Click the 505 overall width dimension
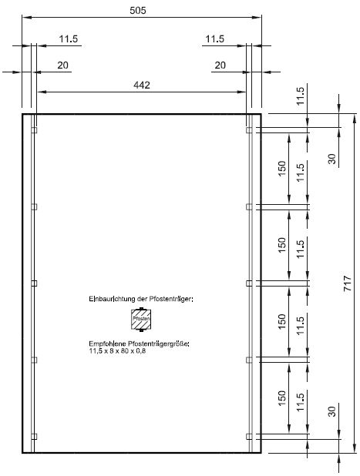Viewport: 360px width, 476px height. pos(138,10)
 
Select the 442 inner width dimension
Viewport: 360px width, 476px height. pos(142,85)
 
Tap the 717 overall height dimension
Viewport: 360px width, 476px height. pos(348,283)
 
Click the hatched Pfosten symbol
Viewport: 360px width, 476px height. pos(141,320)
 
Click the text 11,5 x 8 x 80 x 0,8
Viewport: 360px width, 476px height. pos(117,351)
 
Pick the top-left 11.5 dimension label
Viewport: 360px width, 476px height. pos(69,39)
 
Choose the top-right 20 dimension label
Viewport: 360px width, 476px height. pos(220,65)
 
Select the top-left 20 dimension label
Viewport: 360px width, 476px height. pos(63,65)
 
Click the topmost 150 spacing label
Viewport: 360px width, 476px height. pos(281,168)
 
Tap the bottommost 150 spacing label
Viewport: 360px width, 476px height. pos(281,397)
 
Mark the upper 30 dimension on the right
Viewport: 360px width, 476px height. pos(332,159)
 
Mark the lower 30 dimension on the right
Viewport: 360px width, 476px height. pos(332,411)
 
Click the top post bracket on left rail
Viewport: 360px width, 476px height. pos(34,130)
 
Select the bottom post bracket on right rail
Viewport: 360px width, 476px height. pos(249,437)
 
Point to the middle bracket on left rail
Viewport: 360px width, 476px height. pos(34,283)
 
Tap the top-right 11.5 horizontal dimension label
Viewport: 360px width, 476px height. pos(215,39)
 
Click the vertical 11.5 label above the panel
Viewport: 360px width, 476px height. pos(300,96)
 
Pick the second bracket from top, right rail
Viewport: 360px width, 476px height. pos(249,206)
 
